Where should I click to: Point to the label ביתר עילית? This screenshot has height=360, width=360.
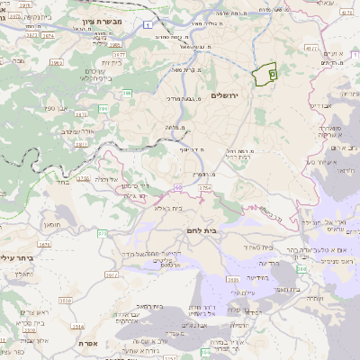point(20,257)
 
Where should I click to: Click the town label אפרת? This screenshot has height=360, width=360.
point(87,343)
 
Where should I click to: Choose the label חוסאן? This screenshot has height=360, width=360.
point(50,223)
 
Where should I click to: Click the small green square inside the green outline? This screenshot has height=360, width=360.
point(272,76)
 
